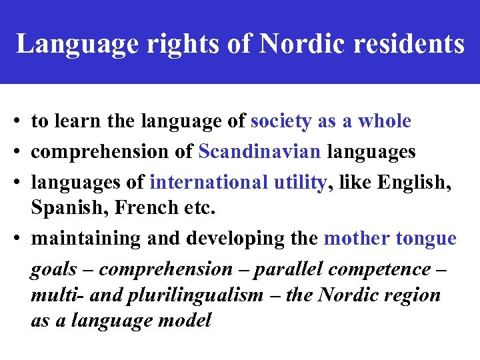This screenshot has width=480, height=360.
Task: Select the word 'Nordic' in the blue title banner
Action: tap(299, 44)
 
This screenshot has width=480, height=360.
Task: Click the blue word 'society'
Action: tap(281, 121)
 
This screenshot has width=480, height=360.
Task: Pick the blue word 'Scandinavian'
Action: tap(259, 151)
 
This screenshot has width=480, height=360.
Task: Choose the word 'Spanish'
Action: tap(69, 209)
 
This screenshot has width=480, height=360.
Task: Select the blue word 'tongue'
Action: tap(426, 238)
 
